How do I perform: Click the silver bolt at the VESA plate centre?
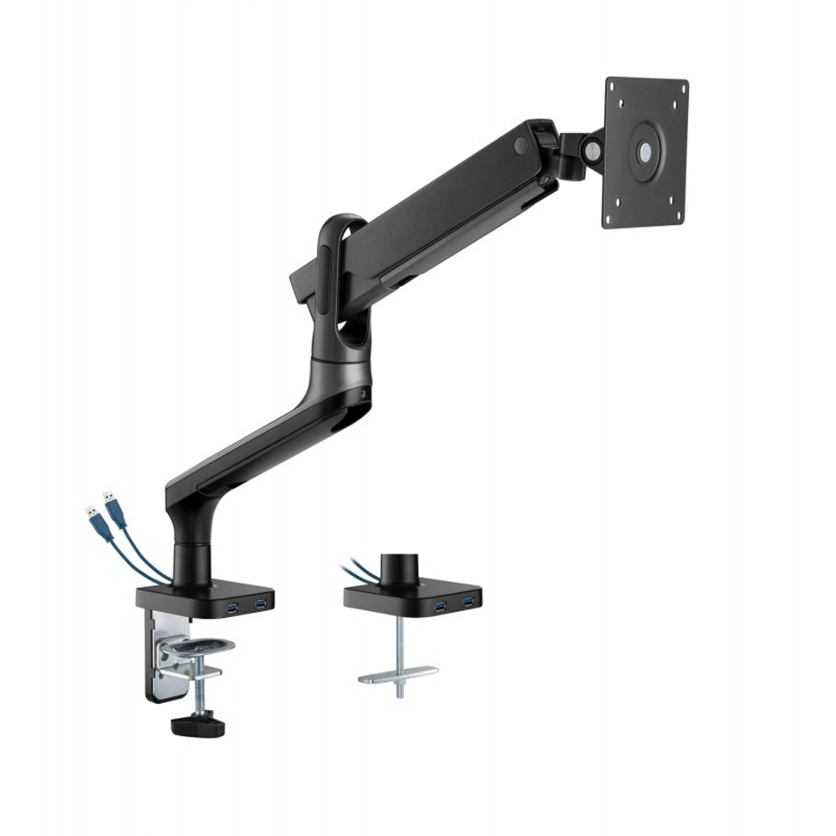645,152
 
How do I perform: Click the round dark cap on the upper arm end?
522,146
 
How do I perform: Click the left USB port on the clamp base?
232,604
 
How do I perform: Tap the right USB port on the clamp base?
261,602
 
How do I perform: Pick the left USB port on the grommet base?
440,603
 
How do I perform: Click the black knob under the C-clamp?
198,726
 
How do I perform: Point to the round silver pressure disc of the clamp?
197,645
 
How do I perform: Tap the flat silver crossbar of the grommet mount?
398,674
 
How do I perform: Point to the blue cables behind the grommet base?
357,573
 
